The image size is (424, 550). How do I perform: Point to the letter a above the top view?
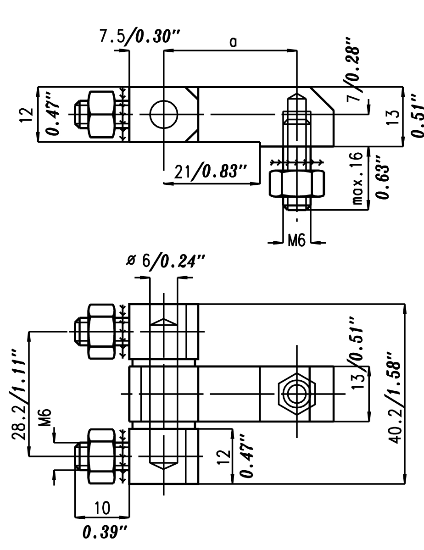(233, 42)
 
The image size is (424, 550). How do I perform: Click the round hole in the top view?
(163, 114)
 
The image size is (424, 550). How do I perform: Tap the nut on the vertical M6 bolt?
(297, 183)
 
